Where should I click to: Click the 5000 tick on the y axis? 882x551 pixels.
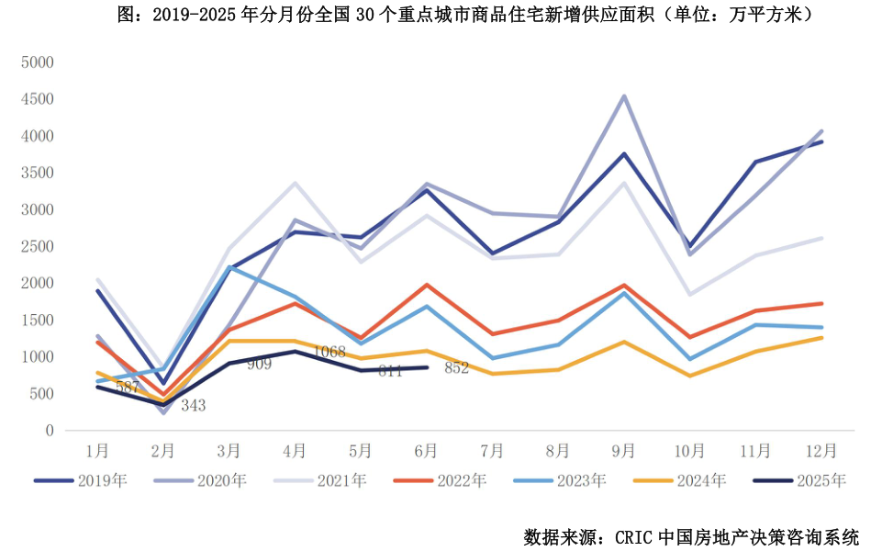click(x=39, y=62)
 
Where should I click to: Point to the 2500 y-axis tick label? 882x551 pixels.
click(x=39, y=246)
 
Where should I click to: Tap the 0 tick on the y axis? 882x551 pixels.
click(x=50, y=431)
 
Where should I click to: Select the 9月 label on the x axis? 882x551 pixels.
click(x=624, y=451)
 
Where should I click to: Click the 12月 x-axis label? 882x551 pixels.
click(x=821, y=451)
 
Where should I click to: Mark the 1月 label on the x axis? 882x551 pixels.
click(x=97, y=451)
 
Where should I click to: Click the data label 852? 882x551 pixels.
click(x=456, y=368)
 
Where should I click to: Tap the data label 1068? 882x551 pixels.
click(x=329, y=352)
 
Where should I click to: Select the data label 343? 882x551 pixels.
click(x=193, y=405)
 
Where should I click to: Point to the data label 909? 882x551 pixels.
click(x=259, y=365)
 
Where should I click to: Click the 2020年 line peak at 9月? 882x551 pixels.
click(x=624, y=96)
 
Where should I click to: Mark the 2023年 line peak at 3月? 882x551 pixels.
click(x=229, y=266)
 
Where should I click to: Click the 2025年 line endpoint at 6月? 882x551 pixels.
click(x=427, y=367)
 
